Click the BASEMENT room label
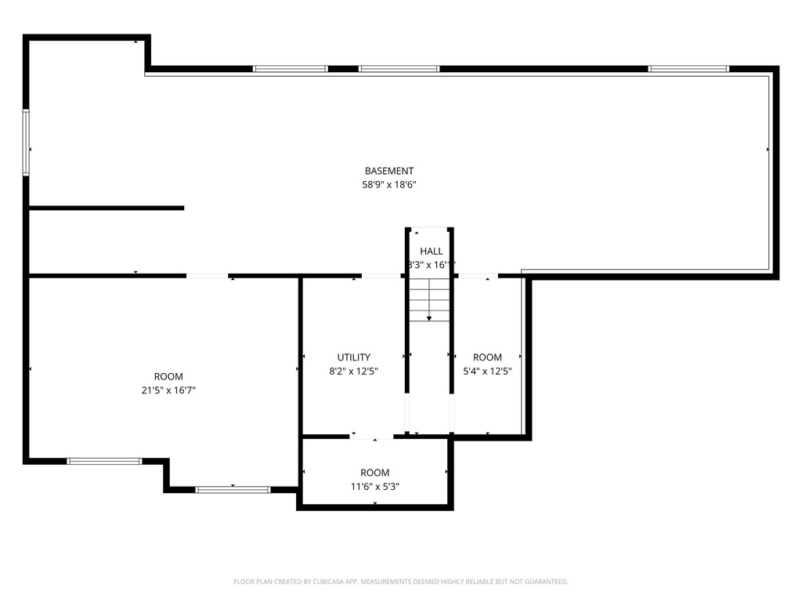pyautogui.click(x=389, y=171)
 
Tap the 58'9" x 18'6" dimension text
pyautogui.click(x=389, y=186)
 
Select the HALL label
pyautogui.click(x=431, y=251)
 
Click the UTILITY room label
pyautogui.click(x=354, y=357)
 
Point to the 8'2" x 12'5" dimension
pyautogui.click(x=354, y=372)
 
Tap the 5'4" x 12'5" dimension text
pyautogui.click(x=487, y=372)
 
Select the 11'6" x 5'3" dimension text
pyautogui.click(x=374, y=487)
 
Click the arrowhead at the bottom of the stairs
pyautogui.click(x=429, y=318)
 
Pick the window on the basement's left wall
pyautogui.click(x=26, y=142)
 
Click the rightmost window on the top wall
pyautogui.click(x=689, y=69)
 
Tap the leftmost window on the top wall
pyautogui.click(x=291, y=69)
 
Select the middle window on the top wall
pyautogui.click(x=399, y=69)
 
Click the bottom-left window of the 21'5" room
pyautogui.click(x=104, y=461)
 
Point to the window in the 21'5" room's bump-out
pyautogui.click(x=233, y=490)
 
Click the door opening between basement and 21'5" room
pyautogui.click(x=208, y=276)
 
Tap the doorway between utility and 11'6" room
pyautogui.click(x=371, y=437)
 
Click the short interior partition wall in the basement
pyautogui.click(x=106, y=208)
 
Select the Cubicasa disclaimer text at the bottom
pyautogui.click(x=401, y=582)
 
